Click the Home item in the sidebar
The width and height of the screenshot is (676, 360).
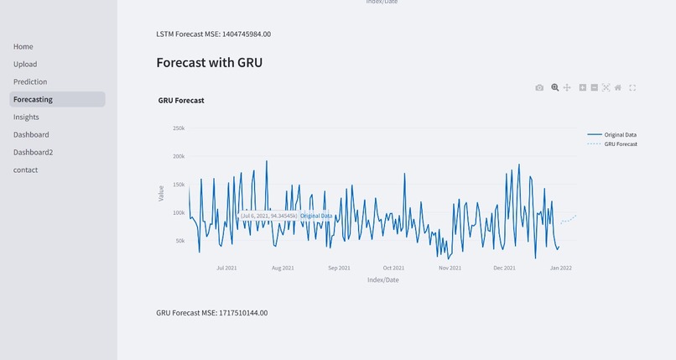(x=23, y=47)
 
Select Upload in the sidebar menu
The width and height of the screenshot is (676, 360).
(x=25, y=65)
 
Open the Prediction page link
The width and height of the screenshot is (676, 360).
(x=30, y=82)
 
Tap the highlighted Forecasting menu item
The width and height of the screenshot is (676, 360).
(x=33, y=100)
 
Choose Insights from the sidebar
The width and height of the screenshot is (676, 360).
(x=26, y=117)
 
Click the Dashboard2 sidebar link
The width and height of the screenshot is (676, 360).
(x=33, y=153)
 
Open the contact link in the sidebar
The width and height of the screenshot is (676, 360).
(x=26, y=170)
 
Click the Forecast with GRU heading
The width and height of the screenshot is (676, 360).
(x=210, y=62)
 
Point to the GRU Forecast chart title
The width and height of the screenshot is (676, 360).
(x=181, y=101)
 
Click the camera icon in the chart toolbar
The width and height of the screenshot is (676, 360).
(x=539, y=87)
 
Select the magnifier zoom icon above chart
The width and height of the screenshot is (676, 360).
(x=554, y=87)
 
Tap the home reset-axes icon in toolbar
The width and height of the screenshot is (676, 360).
(x=618, y=87)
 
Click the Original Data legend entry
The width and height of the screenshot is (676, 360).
(x=620, y=134)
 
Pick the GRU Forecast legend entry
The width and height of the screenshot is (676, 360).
(x=621, y=144)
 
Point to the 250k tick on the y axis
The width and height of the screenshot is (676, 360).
(x=178, y=128)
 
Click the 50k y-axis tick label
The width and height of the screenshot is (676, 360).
(x=179, y=241)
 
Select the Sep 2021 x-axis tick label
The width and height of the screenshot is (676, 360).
(x=339, y=269)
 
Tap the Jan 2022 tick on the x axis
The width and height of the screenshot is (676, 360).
(x=561, y=269)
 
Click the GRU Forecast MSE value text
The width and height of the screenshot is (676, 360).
(x=212, y=313)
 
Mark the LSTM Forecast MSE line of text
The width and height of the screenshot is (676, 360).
(x=213, y=34)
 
